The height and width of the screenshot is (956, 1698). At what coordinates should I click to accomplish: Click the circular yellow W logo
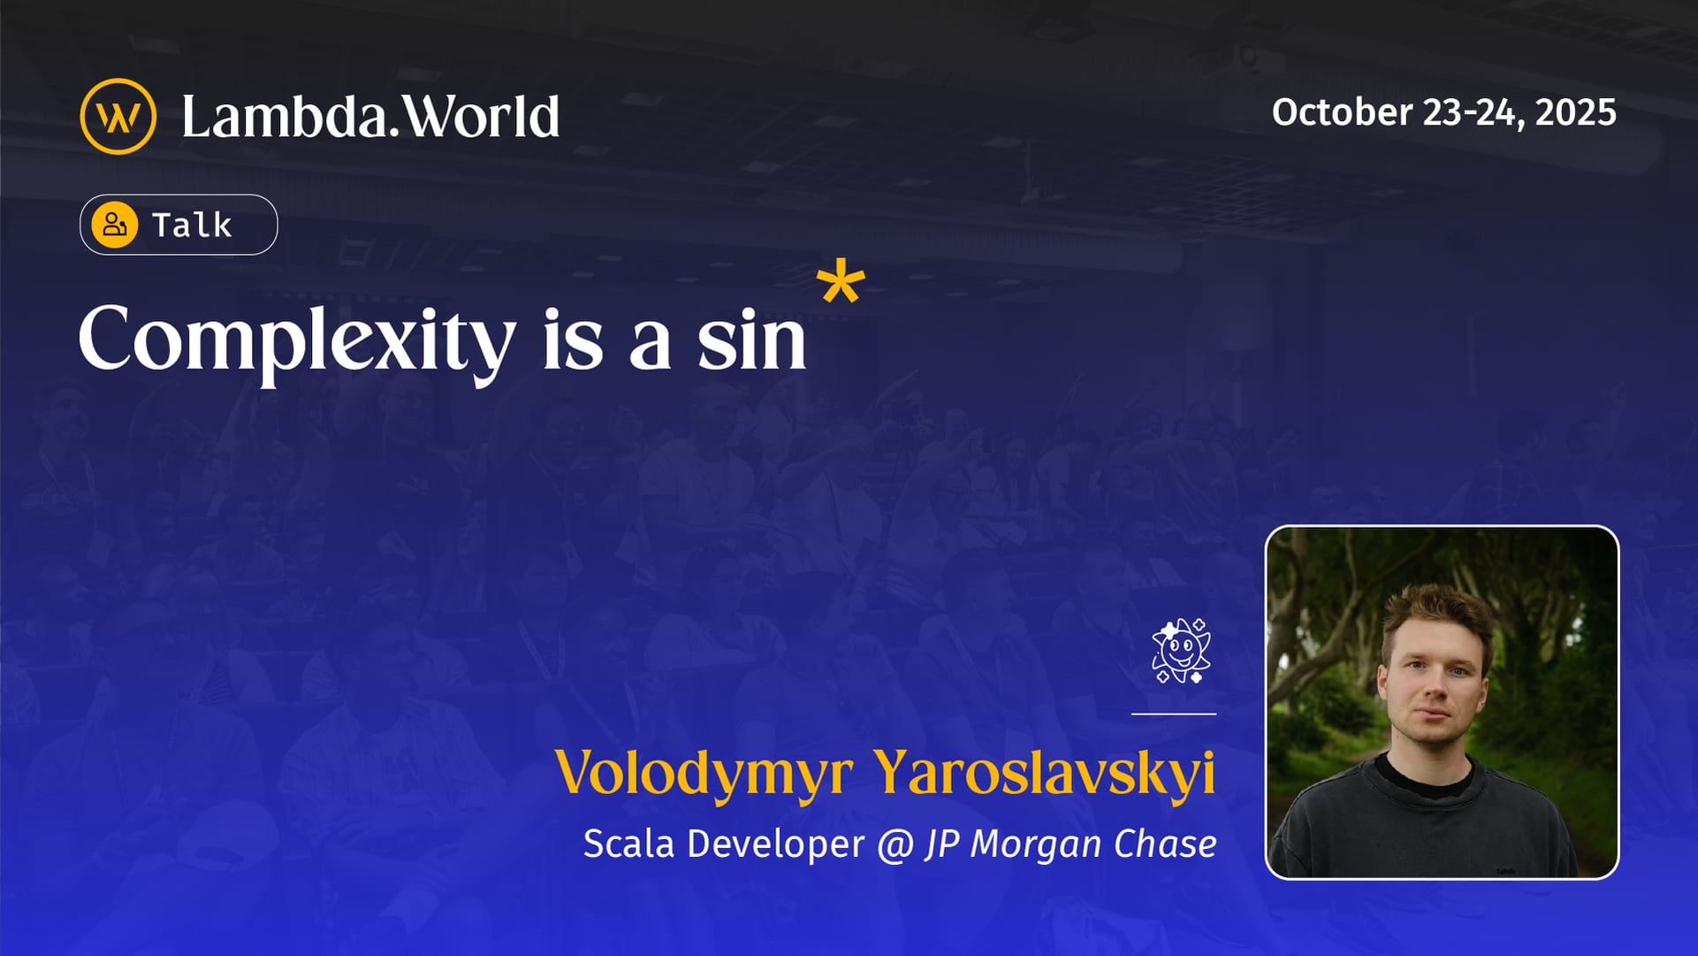point(118,117)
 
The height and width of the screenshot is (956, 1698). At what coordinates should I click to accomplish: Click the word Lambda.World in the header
point(370,117)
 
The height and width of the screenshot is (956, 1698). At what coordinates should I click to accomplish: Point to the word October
point(1342,112)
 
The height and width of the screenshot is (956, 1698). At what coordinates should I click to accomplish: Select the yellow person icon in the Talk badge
point(115,225)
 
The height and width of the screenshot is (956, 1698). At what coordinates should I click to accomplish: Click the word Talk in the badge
point(192,226)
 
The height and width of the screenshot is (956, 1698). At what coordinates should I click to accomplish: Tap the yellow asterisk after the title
point(840,282)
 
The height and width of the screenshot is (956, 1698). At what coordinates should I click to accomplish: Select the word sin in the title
point(751,340)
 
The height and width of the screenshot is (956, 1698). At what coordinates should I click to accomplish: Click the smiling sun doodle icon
point(1181,651)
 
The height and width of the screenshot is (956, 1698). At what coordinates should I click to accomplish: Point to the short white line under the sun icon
point(1173,713)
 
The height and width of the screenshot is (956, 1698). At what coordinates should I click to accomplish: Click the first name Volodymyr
point(704,773)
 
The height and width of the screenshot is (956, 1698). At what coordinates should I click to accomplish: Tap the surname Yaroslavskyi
point(1044,773)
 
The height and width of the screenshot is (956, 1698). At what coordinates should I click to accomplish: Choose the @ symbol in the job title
point(895,845)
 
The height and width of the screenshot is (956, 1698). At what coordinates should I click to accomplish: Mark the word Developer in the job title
point(775,845)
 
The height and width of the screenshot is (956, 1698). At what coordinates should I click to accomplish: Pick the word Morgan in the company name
point(1036,845)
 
